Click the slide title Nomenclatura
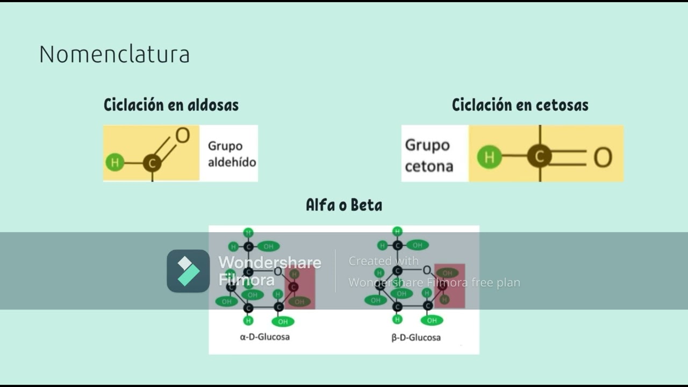[x=114, y=55]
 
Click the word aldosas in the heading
[x=213, y=104]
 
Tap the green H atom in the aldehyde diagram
[x=114, y=162]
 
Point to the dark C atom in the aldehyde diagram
[x=152, y=162]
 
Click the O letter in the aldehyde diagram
[x=183, y=135]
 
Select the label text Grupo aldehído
[x=232, y=154]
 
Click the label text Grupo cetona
[x=428, y=155]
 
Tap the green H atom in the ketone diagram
[x=489, y=157]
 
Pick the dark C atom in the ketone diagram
[x=540, y=156]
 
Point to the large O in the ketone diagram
[x=603, y=157]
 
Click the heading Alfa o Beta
[x=344, y=205]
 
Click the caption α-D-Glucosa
[x=264, y=337]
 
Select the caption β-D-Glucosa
[x=416, y=338]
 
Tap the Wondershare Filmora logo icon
[x=188, y=271]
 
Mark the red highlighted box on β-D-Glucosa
[x=449, y=285]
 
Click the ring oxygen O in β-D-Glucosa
[x=427, y=270]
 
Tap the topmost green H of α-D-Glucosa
[x=248, y=233]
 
